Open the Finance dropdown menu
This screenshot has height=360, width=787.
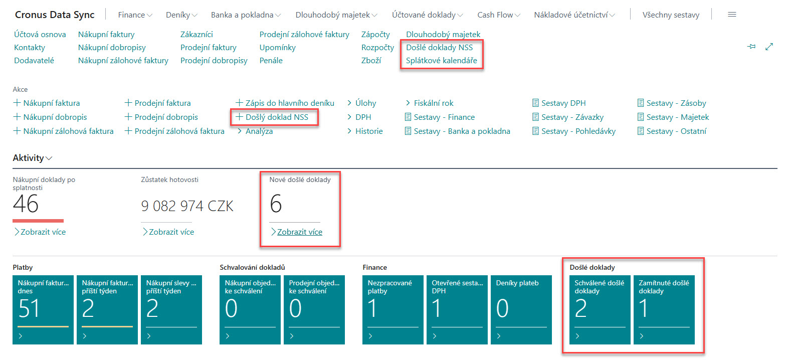coord(135,15)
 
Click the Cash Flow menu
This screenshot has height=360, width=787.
coord(499,15)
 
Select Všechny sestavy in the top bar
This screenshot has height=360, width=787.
coord(671,15)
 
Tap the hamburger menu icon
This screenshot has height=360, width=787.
coord(732,15)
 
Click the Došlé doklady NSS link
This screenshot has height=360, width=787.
coord(439,48)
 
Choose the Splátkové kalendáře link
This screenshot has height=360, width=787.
coord(441,61)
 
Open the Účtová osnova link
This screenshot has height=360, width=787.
coord(40,35)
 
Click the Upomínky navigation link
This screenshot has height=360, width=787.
coord(278,48)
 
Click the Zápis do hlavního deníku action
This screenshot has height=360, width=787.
coord(285,103)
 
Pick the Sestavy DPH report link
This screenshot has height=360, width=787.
coord(559,103)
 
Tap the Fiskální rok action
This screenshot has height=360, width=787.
coord(430,103)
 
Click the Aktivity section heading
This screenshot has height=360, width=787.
coord(32,158)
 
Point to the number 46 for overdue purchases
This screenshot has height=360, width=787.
coord(26,204)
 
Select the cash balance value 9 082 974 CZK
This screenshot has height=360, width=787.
coord(187,206)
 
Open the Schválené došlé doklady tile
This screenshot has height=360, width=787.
coord(600,310)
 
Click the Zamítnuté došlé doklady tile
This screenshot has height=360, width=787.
coord(664,310)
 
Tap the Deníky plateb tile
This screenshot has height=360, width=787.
coord(521,310)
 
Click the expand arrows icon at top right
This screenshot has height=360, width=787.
coord(769,47)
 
